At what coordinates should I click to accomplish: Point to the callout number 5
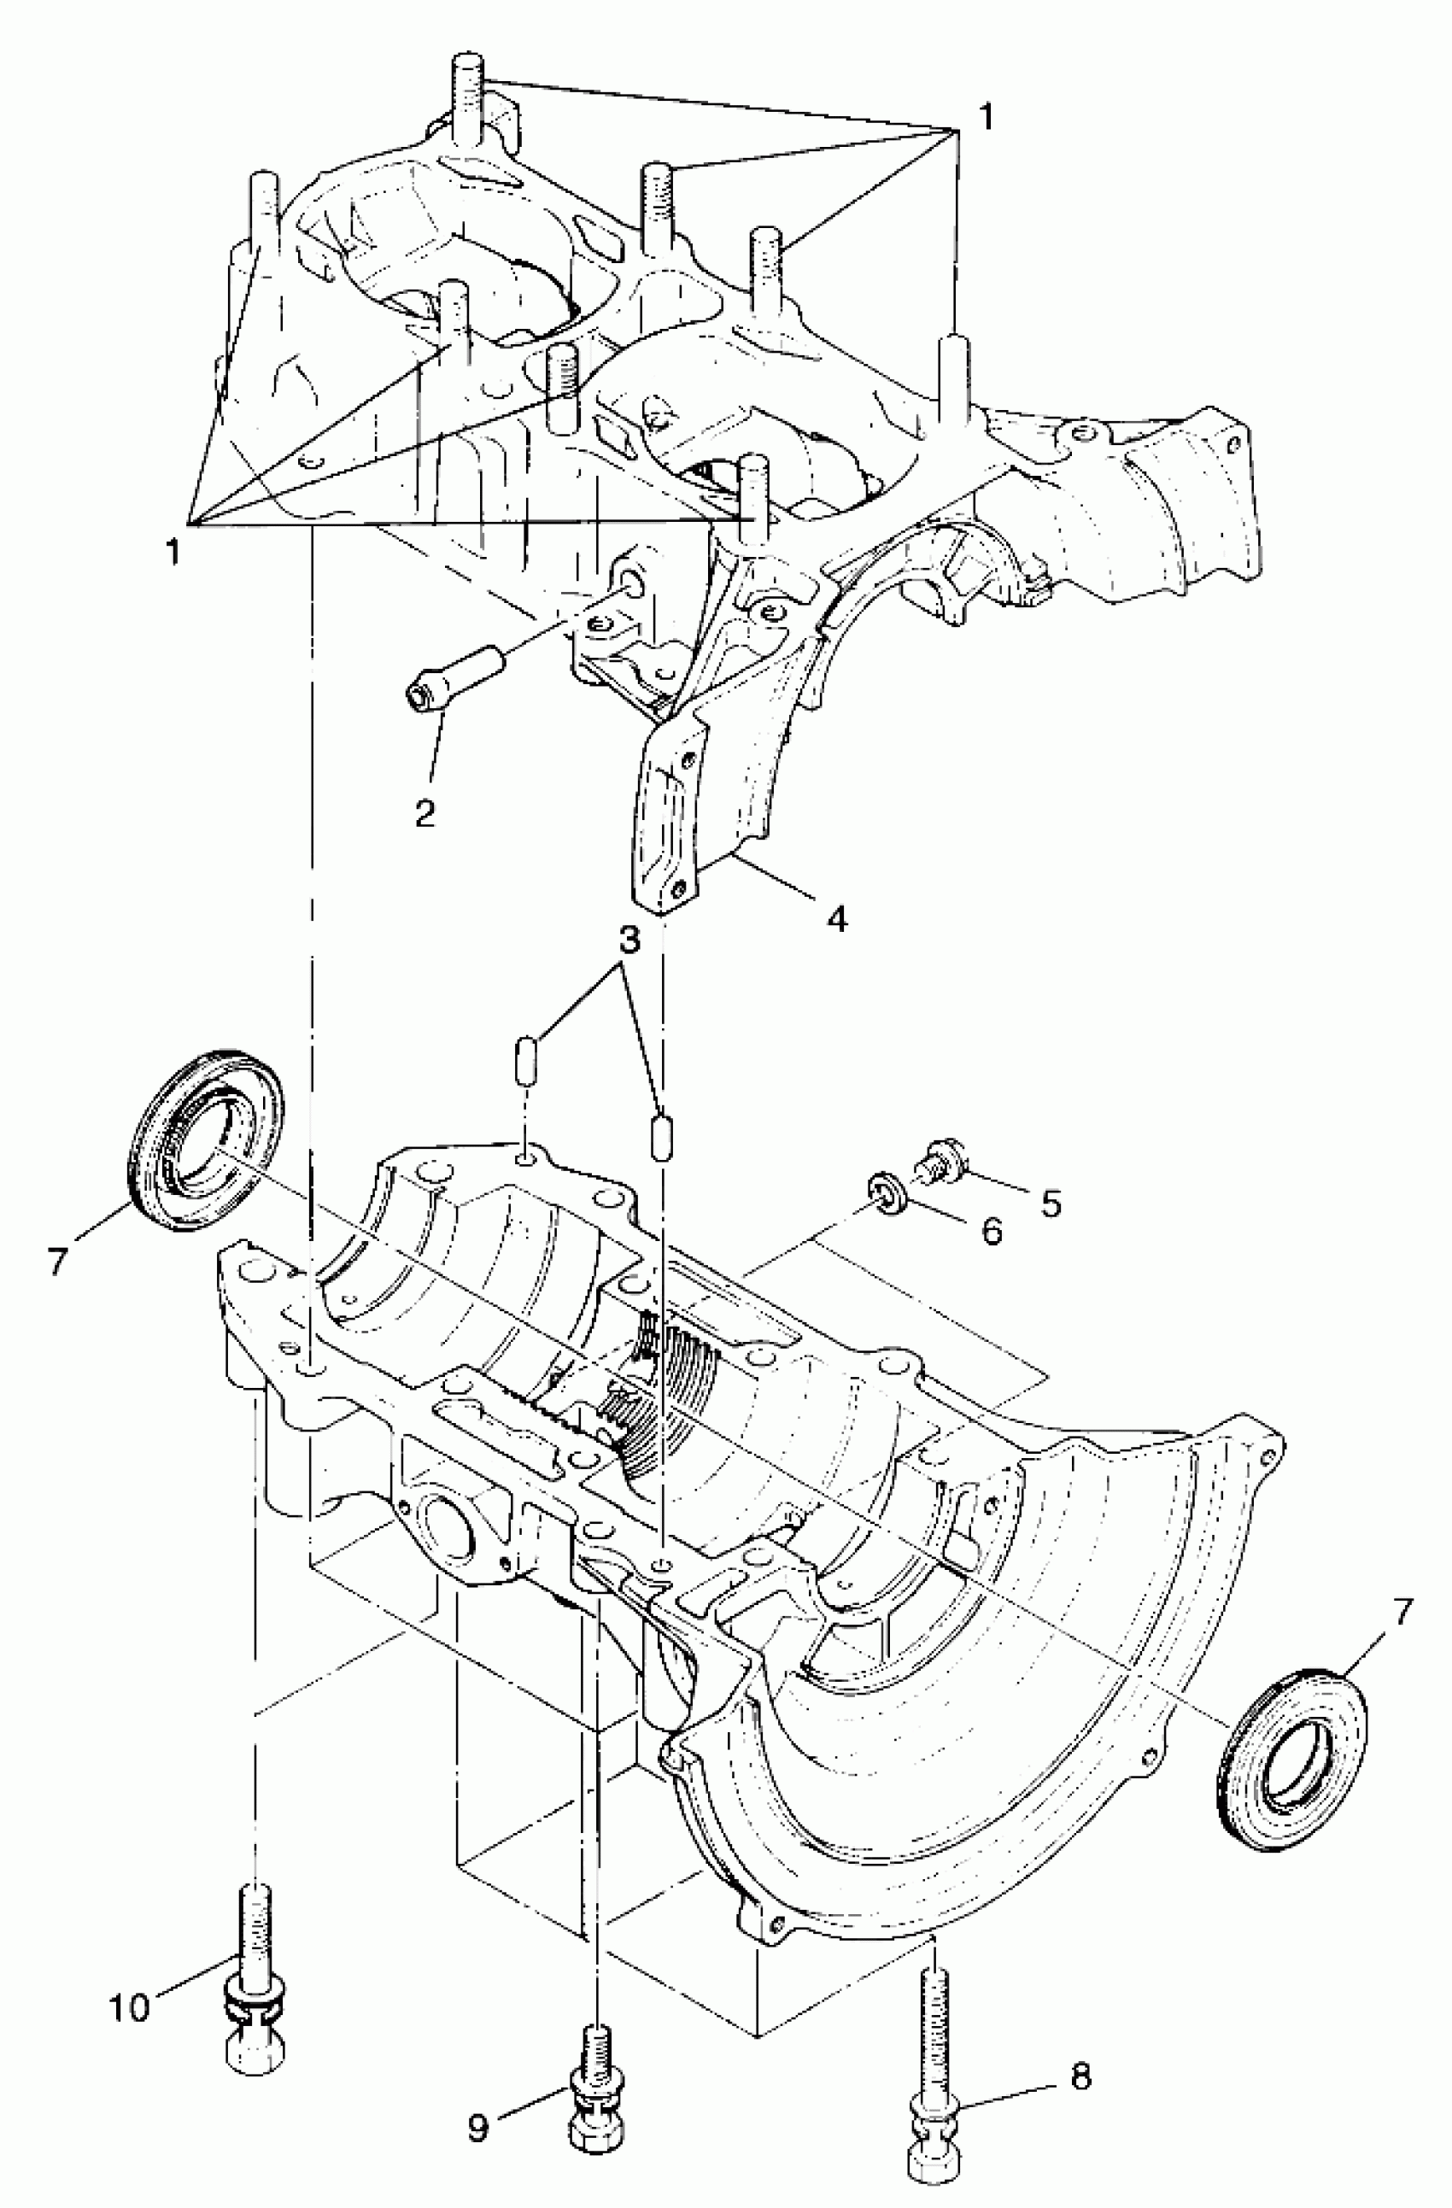point(1050,1203)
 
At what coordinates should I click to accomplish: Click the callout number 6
point(991,1232)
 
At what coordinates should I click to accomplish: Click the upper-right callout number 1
point(986,117)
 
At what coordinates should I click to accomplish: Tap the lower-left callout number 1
point(172,551)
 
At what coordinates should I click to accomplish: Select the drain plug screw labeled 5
point(937,1159)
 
